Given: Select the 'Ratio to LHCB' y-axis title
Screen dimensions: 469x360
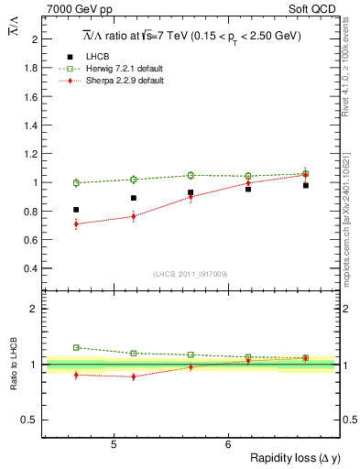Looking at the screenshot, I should (x=13, y=365).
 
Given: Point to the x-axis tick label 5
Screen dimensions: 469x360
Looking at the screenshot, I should (x=113, y=445).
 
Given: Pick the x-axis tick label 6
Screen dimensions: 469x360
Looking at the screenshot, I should (x=227, y=445).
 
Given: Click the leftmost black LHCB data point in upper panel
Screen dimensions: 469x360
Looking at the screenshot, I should (x=76, y=210).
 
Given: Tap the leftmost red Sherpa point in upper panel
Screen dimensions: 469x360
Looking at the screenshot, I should (x=76, y=224).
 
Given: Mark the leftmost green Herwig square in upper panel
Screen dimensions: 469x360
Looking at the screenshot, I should (x=76, y=182).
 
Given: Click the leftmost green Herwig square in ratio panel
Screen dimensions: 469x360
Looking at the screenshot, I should (x=76, y=347).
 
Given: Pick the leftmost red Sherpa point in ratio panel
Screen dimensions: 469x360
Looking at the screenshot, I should (x=76, y=375).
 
